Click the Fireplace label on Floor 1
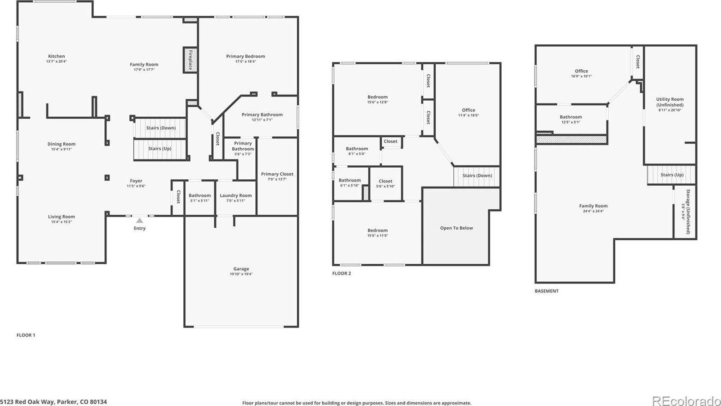click(190, 60)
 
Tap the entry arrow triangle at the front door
click(139, 221)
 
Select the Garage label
click(241, 269)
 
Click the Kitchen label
click(57, 56)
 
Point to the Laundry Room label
click(235, 195)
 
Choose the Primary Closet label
click(277, 174)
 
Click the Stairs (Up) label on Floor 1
click(160, 149)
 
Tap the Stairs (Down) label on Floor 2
click(477, 176)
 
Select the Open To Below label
click(456, 228)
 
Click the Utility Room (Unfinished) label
click(670, 102)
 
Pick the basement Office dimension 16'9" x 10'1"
click(581, 77)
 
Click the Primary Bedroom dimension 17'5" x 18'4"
click(245, 61)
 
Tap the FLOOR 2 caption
click(342, 273)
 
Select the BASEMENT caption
click(547, 291)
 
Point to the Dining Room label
click(61, 144)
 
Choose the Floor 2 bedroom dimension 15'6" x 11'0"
click(378, 236)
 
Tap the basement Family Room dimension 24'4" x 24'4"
click(593, 211)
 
